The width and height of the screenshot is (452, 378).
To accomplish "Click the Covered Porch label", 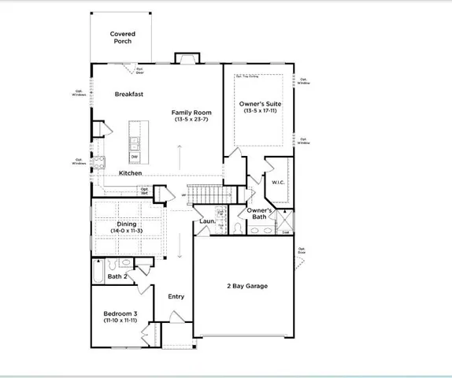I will [x=122, y=37].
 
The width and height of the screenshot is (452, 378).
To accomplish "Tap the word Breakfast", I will [x=128, y=94].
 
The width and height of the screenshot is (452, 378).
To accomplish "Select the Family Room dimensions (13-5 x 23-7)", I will [x=192, y=120].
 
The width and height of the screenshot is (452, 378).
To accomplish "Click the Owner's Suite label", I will [x=260, y=104].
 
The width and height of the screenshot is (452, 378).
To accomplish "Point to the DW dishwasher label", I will [x=134, y=156].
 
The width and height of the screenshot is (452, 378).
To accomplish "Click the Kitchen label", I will [x=130, y=173].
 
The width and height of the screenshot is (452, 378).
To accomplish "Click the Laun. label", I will [x=208, y=222].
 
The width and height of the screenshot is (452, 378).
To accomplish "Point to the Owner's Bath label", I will [x=260, y=213].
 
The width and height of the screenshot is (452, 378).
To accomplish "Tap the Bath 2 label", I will [x=117, y=276].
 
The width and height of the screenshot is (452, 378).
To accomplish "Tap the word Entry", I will [x=176, y=297].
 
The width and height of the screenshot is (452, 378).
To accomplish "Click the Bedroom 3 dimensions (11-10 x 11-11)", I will [x=120, y=321].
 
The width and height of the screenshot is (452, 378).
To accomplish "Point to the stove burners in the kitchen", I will [x=99, y=163].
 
